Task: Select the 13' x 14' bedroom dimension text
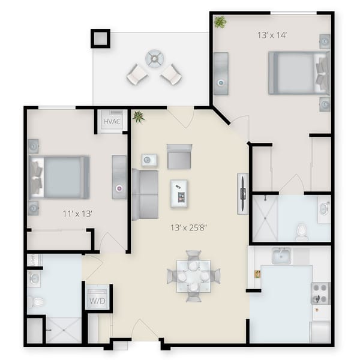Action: coord(271,35)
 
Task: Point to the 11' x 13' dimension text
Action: coord(77,213)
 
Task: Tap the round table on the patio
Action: coord(154,58)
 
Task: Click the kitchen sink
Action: coord(281,256)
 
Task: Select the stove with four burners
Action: coord(320,293)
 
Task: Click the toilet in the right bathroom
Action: coord(302,230)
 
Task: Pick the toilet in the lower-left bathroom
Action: coord(37,301)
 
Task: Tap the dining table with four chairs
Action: coord(193,276)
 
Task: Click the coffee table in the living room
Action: coord(179,193)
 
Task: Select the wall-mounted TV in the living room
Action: coord(242,193)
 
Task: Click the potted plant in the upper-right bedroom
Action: coord(220,22)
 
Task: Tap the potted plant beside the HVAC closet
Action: coord(139,116)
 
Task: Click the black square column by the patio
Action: coord(100,38)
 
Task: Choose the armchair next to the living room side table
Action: coord(179,157)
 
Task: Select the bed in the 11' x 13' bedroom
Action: coord(60,177)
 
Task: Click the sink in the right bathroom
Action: coord(324,209)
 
